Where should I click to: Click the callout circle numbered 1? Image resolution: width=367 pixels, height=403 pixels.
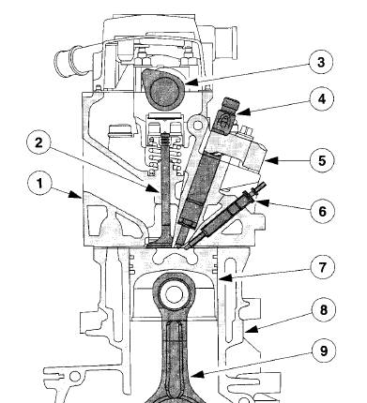click(39, 183)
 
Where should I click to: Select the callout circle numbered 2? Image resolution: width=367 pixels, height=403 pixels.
click(38, 142)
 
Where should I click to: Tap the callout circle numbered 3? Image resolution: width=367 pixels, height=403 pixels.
click(321, 62)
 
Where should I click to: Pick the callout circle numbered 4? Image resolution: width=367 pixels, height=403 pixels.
click(322, 98)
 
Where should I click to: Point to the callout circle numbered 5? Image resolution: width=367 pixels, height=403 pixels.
click(322, 160)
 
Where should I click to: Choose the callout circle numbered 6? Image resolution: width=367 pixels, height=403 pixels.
click(323, 211)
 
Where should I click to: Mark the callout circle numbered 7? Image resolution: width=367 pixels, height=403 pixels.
click(323, 267)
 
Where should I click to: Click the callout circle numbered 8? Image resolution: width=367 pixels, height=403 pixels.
click(324, 310)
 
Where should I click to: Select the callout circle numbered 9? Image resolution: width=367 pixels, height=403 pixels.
click(324, 351)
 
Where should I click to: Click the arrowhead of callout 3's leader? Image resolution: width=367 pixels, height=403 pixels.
click(190, 82)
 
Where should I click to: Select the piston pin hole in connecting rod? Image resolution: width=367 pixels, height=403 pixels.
click(174, 294)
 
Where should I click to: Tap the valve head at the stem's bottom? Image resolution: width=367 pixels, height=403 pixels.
click(161, 242)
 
